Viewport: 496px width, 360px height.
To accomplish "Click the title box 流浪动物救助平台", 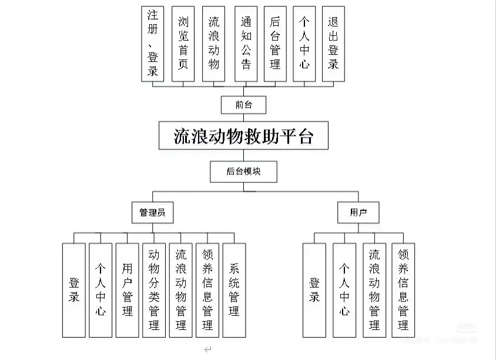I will point(243,136).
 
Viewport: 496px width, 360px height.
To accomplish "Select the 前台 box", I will point(243,105).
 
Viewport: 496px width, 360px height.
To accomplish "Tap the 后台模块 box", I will point(243,171).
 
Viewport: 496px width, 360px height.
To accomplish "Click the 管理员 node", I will point(152,212).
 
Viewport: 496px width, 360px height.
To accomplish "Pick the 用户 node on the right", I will point(358,212).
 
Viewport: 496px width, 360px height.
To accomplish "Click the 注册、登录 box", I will point(153,44).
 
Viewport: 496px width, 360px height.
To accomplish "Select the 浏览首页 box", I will point(183,44).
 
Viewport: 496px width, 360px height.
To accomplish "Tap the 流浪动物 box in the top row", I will point(214,44).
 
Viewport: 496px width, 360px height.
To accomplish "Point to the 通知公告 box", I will point(246,44).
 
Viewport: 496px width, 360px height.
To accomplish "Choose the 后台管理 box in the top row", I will point(275,44).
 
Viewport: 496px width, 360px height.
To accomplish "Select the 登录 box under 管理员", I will point(74,290).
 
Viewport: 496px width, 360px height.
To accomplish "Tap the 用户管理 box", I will point(127,290).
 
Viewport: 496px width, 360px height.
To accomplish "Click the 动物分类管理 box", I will point(154,290).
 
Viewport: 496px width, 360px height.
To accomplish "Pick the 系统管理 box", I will point(234,290).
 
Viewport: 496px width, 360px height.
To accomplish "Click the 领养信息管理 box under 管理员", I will point(207,290).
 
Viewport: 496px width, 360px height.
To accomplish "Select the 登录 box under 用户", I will point(314,290).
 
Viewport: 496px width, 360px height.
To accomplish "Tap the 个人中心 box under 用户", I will point(344,290).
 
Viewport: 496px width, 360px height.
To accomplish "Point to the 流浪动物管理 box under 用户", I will point(374,290).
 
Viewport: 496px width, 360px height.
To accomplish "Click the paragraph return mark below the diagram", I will point(207,349).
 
